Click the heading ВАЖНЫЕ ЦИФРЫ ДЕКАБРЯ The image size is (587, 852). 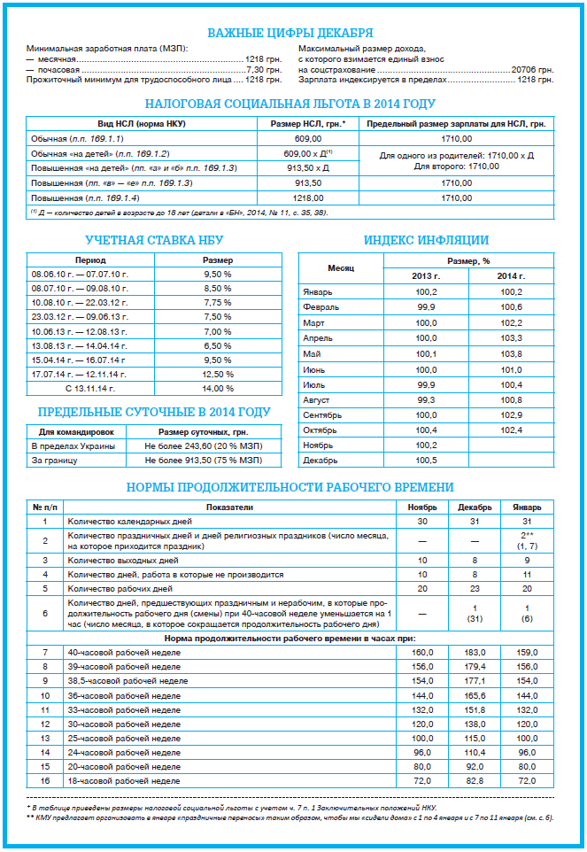[290, 33]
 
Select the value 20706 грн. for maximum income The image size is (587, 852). [533, 68]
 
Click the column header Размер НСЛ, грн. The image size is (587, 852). [307, 123]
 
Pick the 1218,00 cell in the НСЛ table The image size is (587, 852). [307, 198]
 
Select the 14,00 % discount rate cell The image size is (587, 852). [218, 388]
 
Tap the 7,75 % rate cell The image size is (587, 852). [218, 302]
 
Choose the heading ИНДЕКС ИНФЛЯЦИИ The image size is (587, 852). [426, 239]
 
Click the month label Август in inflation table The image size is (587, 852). [317, 400]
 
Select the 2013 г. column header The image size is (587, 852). [426, 276]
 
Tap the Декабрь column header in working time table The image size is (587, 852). [475, 507]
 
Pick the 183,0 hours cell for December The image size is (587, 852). [475, 652]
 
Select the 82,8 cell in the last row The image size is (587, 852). [475, 781]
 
